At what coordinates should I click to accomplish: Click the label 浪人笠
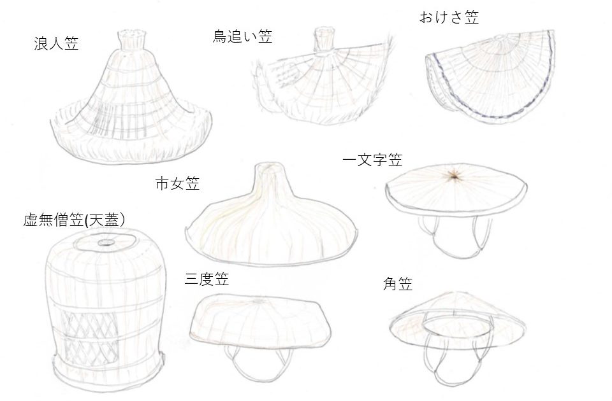(56, 43)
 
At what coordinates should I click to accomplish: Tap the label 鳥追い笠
(242, 36)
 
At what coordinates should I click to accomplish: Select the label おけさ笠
(449, 17)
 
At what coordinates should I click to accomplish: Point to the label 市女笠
(178, 183)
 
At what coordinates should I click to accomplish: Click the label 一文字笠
(372, 160)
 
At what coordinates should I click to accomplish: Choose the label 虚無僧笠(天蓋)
(74, 220)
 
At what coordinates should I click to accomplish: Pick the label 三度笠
(207, 279)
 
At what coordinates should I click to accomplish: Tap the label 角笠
(398, 284)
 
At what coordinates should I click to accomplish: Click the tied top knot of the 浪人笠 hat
(133, 39)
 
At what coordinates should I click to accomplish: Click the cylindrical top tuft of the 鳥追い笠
(324, 39)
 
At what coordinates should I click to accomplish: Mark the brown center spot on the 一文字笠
(454, 176)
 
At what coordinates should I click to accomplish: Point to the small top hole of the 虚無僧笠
(105, 243)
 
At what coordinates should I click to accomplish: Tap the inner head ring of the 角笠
(458, 325)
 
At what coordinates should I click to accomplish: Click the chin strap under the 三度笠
(258, 363)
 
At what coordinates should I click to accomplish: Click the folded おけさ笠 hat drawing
(490, 77)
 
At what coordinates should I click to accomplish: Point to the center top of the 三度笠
(258, 301)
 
